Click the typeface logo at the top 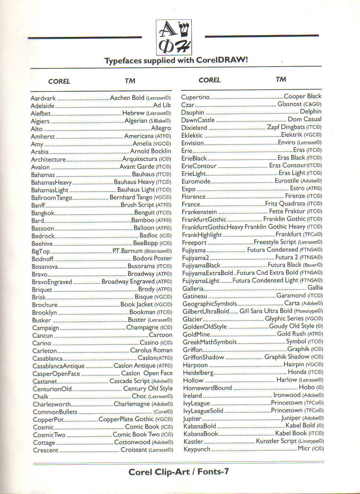(174, 37)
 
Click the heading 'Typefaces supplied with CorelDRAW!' (176, 60)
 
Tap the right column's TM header (281, 79)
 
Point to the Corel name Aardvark (43, 98)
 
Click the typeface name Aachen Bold (127, 98)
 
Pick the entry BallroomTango (52, 198)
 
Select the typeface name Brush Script (137, 205)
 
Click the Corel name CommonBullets (55, 412)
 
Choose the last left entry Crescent (46, 450)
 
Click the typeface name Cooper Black (302, 96)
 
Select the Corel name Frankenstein (199, 212)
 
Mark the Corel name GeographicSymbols (210, 304)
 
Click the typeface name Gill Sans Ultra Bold (266, 311)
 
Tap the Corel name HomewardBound (207, 388)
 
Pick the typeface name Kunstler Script (276, 441)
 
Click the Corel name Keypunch (197, 449)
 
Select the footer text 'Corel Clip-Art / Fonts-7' (179, 472)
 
